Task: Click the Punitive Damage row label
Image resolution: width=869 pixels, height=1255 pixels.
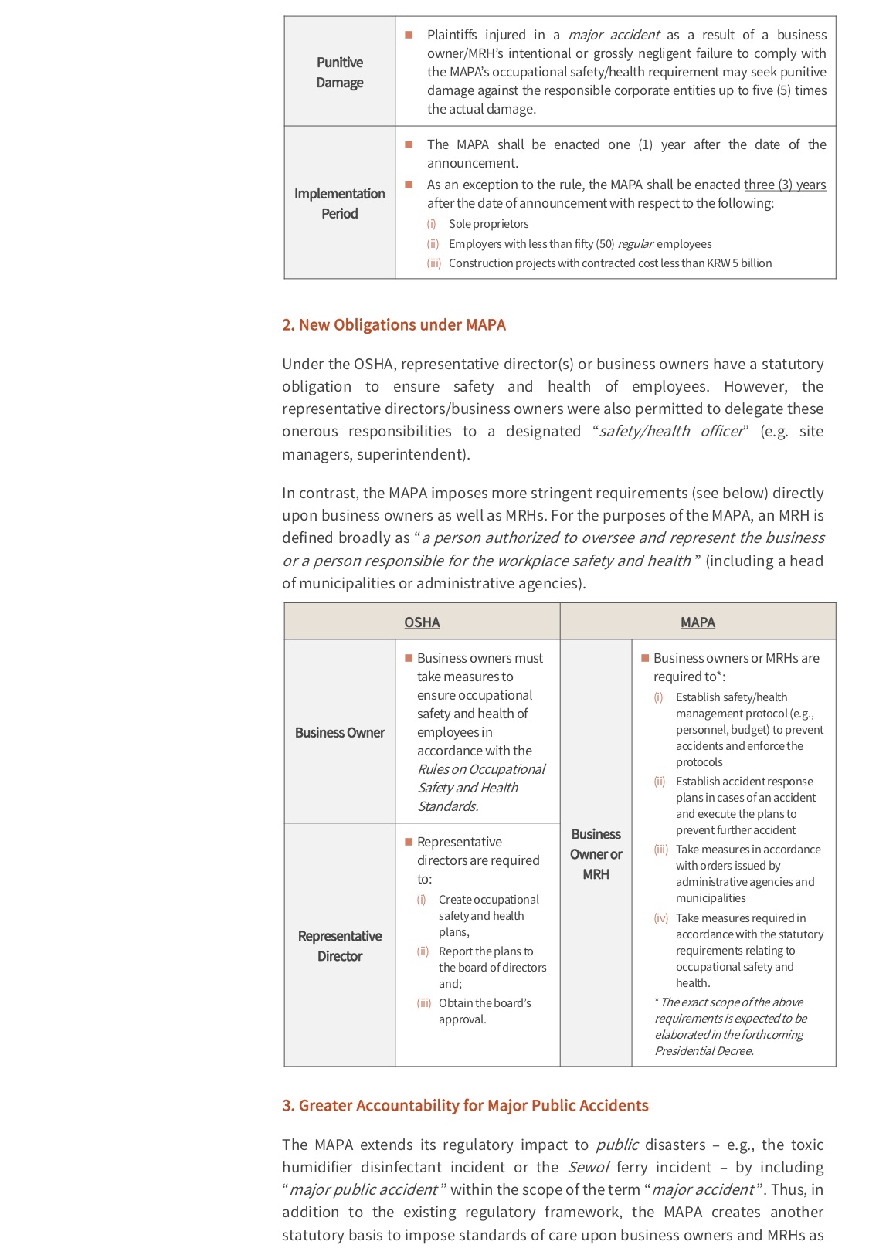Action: [x=340, y=72]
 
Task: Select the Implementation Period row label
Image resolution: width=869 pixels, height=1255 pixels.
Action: [x=340, y=203]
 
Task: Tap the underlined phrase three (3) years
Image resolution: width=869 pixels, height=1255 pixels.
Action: [x=785, y=185]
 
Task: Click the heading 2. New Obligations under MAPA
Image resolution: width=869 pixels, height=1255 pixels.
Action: [x=394, y=325]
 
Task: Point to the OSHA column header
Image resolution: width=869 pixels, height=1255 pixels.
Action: [x=422, y=622]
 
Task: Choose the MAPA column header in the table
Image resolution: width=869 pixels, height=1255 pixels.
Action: [x=698, y=622]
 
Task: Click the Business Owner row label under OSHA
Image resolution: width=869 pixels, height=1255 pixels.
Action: [x=340, y=732]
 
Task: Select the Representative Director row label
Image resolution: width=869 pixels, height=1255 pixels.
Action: [x=340, y=945]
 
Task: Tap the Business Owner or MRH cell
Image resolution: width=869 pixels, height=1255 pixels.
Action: [x=596, y=854]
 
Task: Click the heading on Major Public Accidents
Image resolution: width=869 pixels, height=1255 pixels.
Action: [x=465, y=1106]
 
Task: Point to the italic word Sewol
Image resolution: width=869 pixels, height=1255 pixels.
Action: [x=589, y=1167]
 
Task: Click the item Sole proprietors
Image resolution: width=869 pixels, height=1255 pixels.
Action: [x=488, y=224]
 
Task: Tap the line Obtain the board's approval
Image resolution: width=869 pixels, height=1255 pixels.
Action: [x=484, y=1011]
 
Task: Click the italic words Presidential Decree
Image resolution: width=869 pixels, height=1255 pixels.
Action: [x=704, y=1051]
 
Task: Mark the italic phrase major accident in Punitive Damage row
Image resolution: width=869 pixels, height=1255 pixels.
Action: [x=614, y=35]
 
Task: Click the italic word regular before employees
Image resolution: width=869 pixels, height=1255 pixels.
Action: [x=635, y=244]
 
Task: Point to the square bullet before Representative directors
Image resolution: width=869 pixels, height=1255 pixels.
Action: [x=409, y=842]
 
